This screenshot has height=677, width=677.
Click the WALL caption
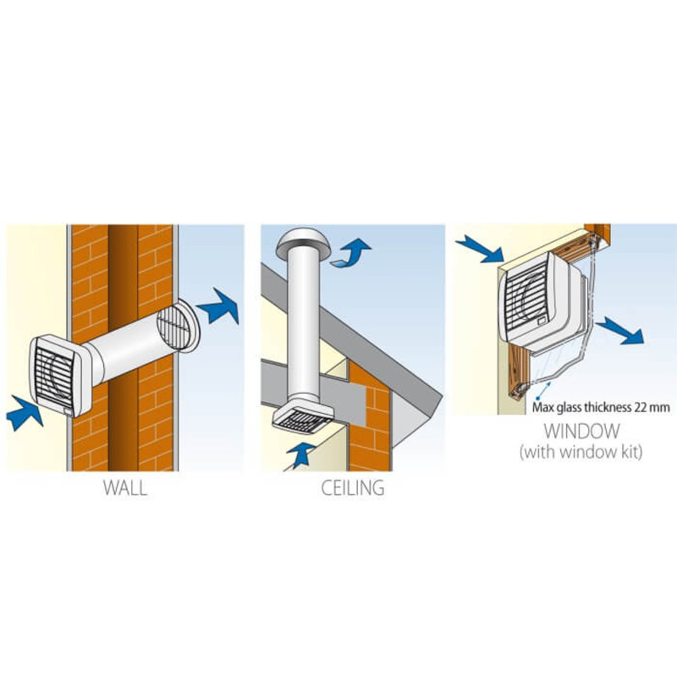click(x=125, y=488)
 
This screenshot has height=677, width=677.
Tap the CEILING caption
click(x=353, y=488)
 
